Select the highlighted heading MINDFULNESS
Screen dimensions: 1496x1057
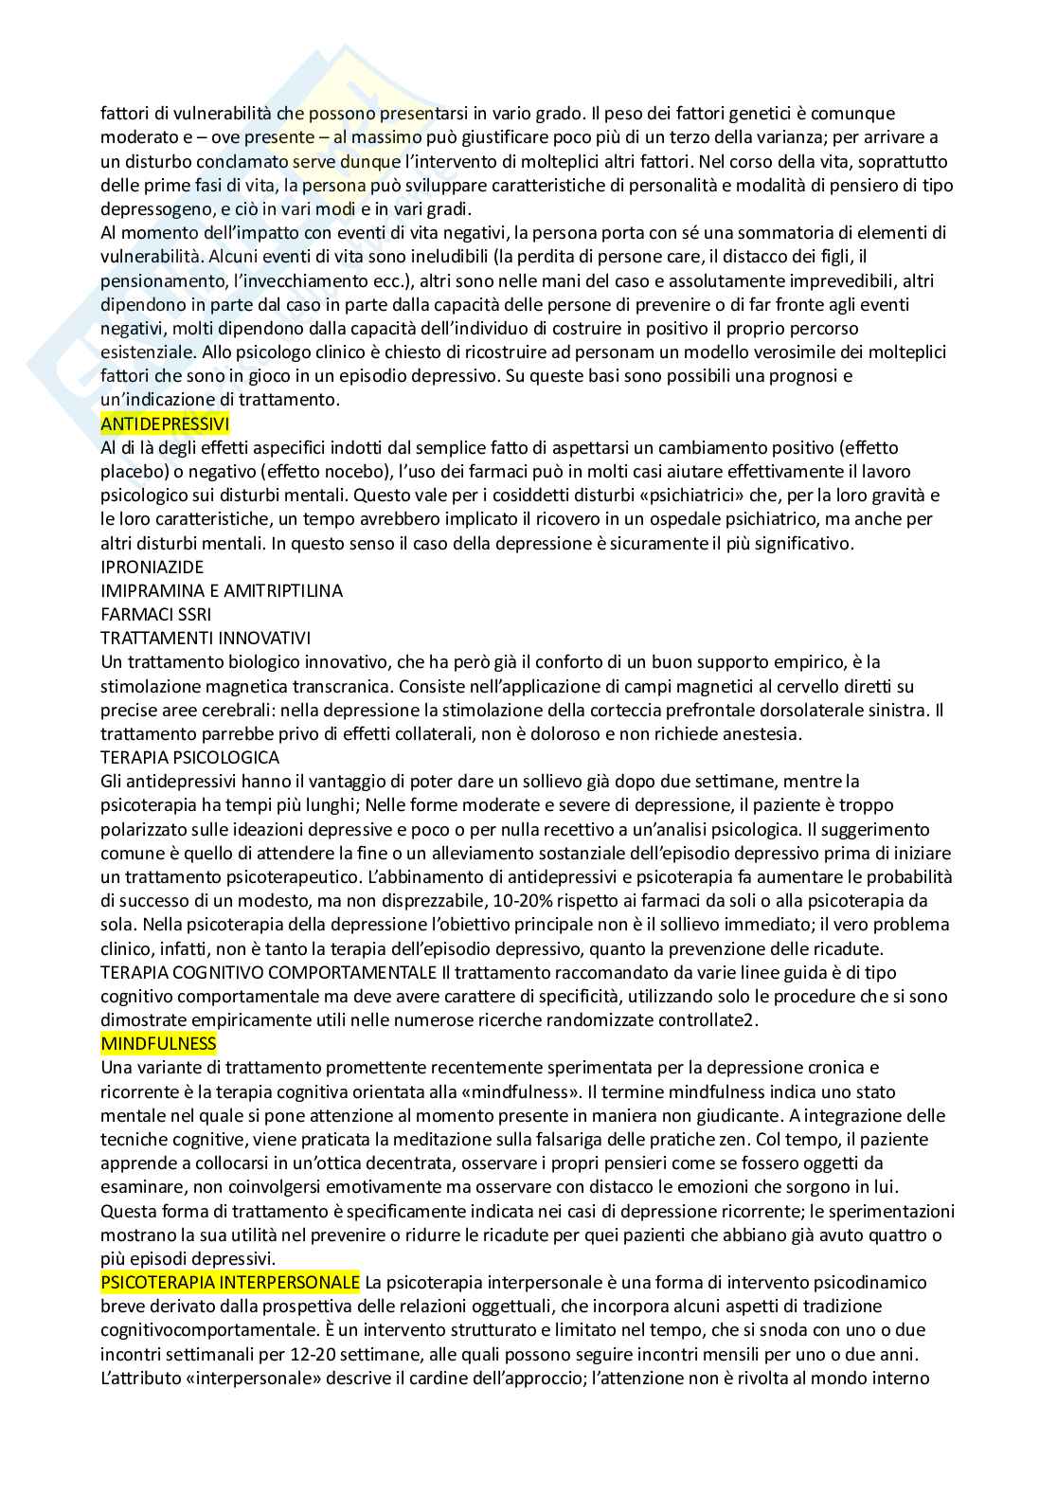pos(158,1043)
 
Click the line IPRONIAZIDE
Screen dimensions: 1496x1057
pos(152,567)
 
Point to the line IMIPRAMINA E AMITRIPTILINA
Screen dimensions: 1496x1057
pos(222,590)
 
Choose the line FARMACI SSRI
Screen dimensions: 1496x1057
pos(156,614)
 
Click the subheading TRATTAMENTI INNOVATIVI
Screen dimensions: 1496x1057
pos(206,638)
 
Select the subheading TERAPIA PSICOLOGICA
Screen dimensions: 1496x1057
pos(189,757)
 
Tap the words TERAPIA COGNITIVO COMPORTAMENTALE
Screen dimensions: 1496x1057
pos(268,972)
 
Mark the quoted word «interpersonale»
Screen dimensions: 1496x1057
pos(245,1378)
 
